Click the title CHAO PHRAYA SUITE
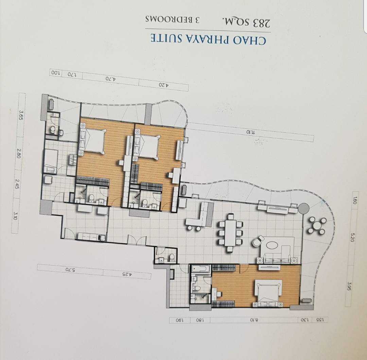(x=208, y=39)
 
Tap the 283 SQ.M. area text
(x=246, y=23)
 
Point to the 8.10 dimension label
(x=254, y=320)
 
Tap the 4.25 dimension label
(x=127, y=274)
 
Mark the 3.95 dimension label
(x=349, y=286)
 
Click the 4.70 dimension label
(x=110, y=78)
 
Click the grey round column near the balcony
(x=303, y=208)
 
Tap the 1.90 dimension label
(x=179, y=320)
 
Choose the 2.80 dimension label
(x=18, y=153)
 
